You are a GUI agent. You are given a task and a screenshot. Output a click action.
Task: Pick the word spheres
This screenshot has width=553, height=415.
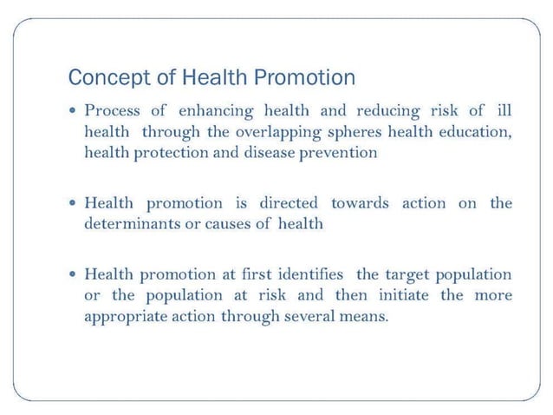[365, 133]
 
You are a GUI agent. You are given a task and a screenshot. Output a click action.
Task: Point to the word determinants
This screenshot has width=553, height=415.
[128, 223]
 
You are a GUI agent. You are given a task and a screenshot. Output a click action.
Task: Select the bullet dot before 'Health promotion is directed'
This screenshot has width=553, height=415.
[75, 204]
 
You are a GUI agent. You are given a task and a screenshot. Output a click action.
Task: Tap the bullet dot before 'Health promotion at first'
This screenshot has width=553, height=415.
[75, 275]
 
